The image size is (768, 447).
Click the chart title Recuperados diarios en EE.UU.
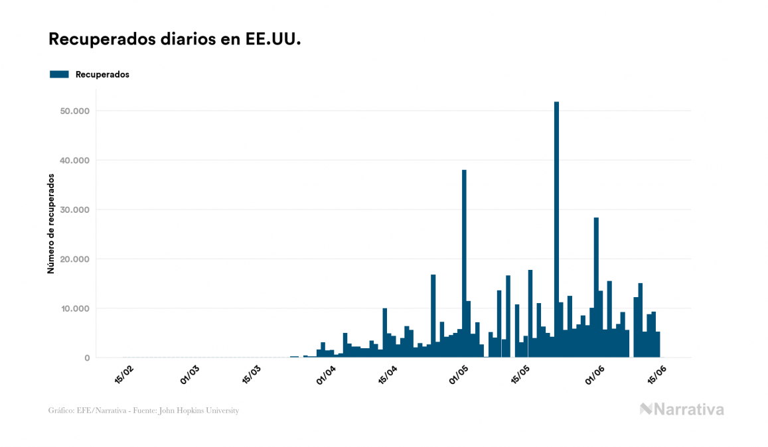click(175, 39)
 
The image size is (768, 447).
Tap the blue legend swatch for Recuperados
click(59, 74)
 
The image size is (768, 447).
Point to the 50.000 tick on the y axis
click(74, 111)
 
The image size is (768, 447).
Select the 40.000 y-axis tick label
click(74, 160)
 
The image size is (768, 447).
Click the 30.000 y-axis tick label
click(74, 210)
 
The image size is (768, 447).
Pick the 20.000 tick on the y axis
click(74, 259)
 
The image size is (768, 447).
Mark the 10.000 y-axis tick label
click(74, 308)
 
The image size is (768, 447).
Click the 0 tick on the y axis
click(86, 358)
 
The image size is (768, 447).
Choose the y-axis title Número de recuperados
click(51, 223)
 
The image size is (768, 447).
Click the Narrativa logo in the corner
click(682, 409)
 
